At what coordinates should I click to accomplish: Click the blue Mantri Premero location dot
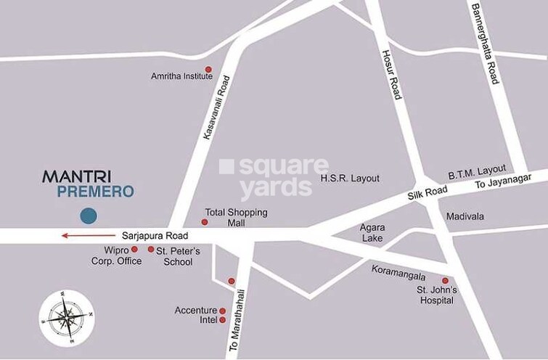[89, 215]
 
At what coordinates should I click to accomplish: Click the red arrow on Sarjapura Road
[86, 235]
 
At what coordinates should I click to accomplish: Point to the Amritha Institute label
[176, 75]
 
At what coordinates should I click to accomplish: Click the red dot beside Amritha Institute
[208, 70]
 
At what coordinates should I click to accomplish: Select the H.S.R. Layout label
[350, 179]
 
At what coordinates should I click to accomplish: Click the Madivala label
[465, 216]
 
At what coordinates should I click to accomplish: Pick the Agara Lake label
[372, 232]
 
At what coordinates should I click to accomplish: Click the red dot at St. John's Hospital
[445, 280]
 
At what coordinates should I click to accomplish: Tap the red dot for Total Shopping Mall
[204, 222]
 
